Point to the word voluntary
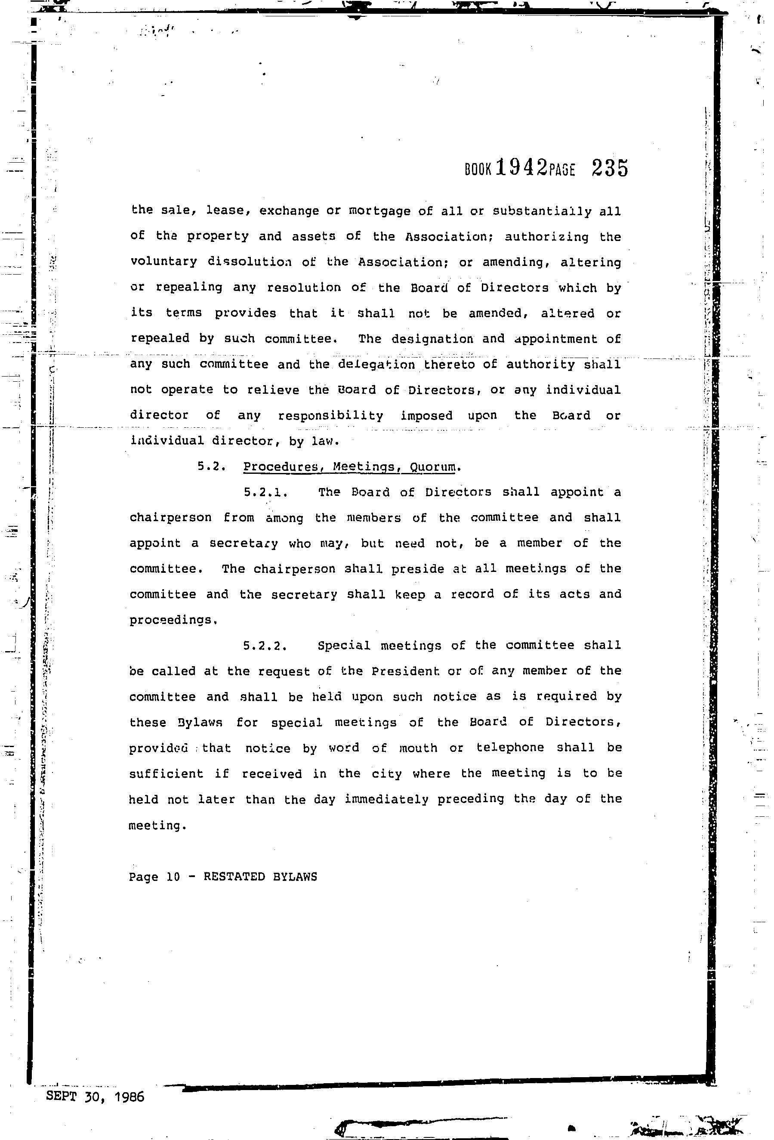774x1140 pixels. click(163, 262)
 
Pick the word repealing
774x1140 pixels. click(189, 287)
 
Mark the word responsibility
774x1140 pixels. click(330, 415)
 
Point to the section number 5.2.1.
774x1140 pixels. click(265, 492)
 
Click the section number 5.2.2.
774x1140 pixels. click(265, 646)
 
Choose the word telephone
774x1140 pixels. click(510, 748)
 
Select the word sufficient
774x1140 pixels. click(166, 774)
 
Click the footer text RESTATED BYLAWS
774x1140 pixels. click(260, 877)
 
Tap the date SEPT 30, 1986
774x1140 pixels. click(95, 1097)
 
